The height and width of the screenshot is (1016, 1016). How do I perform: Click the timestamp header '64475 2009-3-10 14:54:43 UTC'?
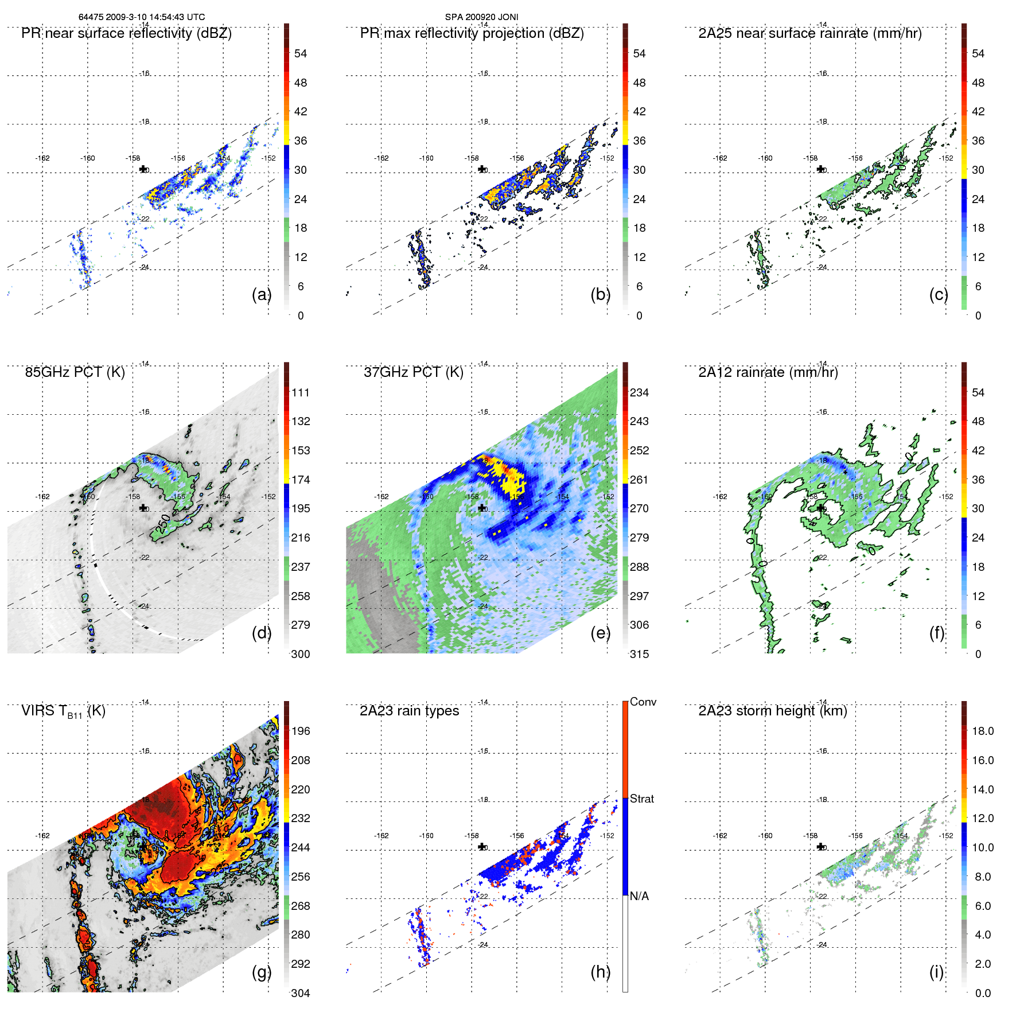pyautogui.click(x=141, y=17)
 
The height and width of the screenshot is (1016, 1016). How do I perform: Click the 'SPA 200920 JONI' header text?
pyautogui.click(x=481, y=17)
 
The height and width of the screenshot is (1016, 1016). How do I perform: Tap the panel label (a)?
pyautogui.click(x=261, y=294)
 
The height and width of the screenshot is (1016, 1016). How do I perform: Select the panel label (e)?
pyautogui.click(x=600, y=633)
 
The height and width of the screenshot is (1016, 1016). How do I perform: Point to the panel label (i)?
pyautogui.click(x=936, y=972)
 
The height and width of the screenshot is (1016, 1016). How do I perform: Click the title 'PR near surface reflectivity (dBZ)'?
pyautogui.click(x=126, y=33)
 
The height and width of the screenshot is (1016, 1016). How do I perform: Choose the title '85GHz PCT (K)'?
pyautogui.click(x=75, y=372)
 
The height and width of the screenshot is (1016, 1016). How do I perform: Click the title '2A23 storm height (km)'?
pyautogui.click(x=772, y=711)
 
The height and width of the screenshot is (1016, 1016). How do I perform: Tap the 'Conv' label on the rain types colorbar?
pyautogui.click(x=643, y=702)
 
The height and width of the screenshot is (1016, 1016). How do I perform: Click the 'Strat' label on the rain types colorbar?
pyautogui.click(x=641, y=799)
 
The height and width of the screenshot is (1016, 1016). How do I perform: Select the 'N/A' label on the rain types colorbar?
pyautogui.click(x=639, y=896)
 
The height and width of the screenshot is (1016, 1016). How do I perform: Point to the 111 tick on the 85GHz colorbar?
pyautogui.click(x=301, y=393)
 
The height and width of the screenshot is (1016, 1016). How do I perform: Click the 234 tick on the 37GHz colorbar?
pyautogui.click(x=639, y=393)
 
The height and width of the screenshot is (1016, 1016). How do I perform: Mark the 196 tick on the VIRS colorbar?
pyautogui.click(x=301, y=731)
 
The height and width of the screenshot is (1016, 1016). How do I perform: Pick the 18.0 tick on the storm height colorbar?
pyautogui.click(x=982, y=731)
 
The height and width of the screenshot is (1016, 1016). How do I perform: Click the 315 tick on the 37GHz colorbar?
pyautogui.click(x=639, y=654)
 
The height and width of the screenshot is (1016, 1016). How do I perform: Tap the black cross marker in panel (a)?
pyautogui.click(x=143, y=169)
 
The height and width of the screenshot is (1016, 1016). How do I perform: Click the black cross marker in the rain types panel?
pyautogui.click(x=482, y=847)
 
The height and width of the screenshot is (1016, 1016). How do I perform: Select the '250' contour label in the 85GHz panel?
pyautogui.click(x=165, y=523)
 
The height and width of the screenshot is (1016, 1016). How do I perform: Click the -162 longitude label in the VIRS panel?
pyautogui.click(x=42, y=836)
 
